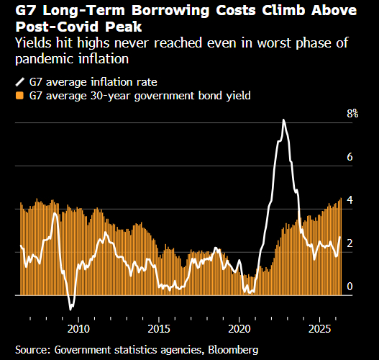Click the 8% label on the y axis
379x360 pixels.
click(352, 114)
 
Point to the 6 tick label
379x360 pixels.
click(350, 157)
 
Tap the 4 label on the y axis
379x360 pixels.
click(350, 200)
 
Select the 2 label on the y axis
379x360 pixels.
click(350, 243)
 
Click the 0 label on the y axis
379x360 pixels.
click(350, 287)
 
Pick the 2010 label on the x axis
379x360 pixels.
click(78, 329)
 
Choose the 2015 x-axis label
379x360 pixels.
click(159, 329)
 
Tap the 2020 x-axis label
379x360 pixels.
click(239, 329)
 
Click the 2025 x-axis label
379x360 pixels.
click(319, 329)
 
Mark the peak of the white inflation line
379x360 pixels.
click(284, 120)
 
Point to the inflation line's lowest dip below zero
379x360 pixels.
click(70, 310)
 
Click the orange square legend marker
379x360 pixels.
click(19, 96)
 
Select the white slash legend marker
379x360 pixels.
click(20, 82)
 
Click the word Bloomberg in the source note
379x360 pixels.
click(233, 350)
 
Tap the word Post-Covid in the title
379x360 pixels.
click(58, 27)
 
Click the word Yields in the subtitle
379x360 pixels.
click(33, 42)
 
